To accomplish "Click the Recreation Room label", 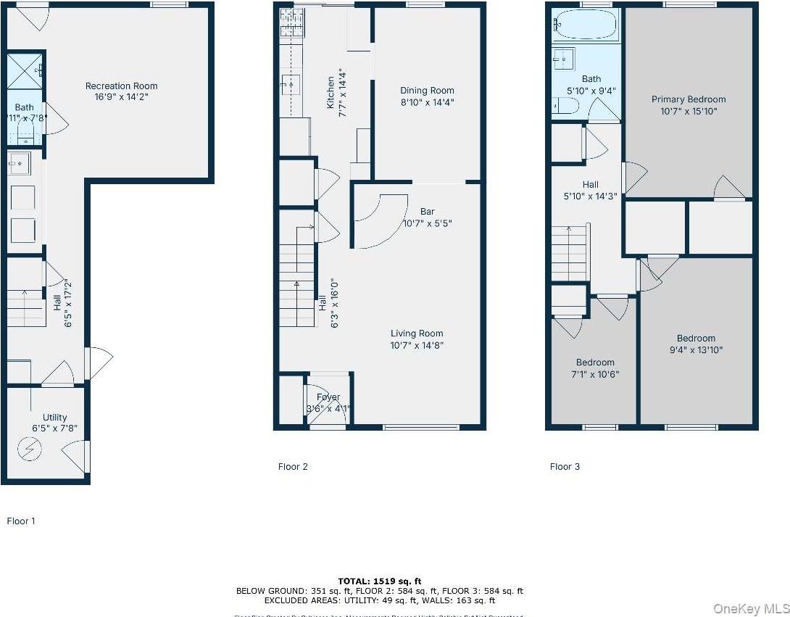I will point(121,86).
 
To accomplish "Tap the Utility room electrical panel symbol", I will point(30,450).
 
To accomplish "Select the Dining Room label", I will point(427,91).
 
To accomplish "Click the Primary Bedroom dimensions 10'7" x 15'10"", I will point(688,112).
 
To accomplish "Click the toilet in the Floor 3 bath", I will point(565,107).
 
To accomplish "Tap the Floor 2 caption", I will point(293,467).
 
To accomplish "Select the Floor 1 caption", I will point(21,521).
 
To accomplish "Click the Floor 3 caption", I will point(565,467).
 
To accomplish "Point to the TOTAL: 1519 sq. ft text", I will point(379,581).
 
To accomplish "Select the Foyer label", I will point(328,397).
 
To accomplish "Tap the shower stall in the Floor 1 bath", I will point(23,70).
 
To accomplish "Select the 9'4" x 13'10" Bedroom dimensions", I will point(696,349).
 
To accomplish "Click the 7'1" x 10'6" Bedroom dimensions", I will point(595,374).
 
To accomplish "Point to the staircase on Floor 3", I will point(570,253).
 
